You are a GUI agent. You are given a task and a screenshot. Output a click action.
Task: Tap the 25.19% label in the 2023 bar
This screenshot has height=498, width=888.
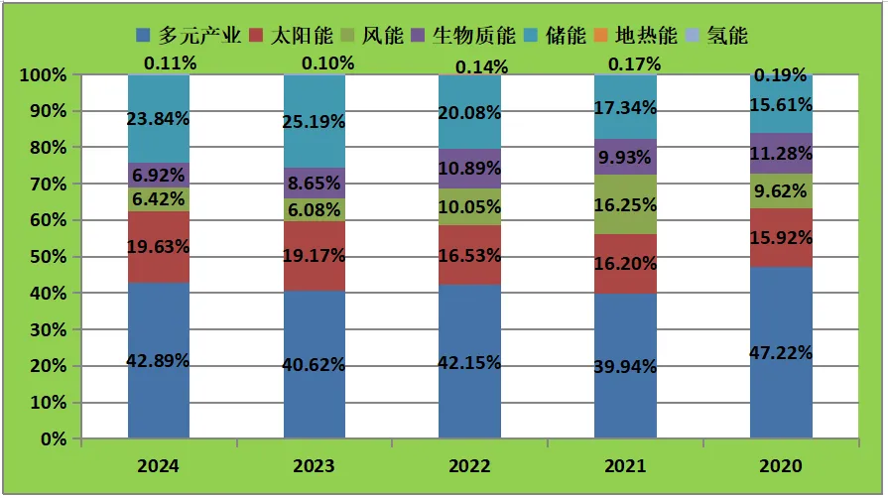(x=314, y=122)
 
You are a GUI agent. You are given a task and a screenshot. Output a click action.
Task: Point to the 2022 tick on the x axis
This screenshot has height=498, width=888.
(x=469, y=466)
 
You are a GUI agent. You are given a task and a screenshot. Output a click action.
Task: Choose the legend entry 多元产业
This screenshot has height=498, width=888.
(x=190, y=36)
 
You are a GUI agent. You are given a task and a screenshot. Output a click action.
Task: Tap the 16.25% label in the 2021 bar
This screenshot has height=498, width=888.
(x=625, y=203)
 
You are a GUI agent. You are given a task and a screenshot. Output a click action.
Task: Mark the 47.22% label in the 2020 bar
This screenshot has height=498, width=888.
(x=781, y=353)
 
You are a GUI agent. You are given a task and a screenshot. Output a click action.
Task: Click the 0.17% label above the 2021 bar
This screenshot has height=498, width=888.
(x=625, y=64)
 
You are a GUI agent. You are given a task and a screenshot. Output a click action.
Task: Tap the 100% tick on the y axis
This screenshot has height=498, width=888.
(x=43, y=75)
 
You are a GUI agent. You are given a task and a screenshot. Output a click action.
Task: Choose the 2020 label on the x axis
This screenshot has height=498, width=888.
(x=781, y=466)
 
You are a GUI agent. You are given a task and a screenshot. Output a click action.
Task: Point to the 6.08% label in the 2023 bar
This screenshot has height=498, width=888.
(x=314, y=210)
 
